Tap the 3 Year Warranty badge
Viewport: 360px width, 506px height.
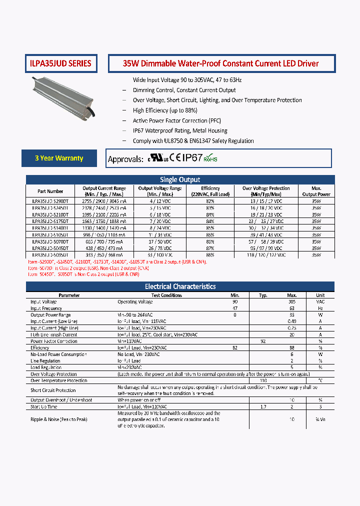click(x=59, y=158)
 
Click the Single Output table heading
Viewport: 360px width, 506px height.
click(x=180, y=179)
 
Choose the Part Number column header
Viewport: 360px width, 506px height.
click(x=50, y=191)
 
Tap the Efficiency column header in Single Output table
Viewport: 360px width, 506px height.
click(x=210, y=191)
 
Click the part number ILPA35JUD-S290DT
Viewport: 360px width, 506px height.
click(x=50, y=200)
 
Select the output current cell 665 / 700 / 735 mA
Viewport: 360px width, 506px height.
click(x=104, y=241)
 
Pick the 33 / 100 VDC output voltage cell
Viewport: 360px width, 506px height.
click(x=160, y=254)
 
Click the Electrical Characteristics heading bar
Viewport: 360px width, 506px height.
click(x=180, y=286)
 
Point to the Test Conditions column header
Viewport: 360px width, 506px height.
click(x=166, y=295)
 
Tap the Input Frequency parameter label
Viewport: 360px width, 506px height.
click(x=46, y=308)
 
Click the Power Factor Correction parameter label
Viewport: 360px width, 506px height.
click(x=54, y=341)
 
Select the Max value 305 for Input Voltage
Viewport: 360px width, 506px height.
click(x=292, y=302)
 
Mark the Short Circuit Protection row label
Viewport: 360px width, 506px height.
click(x=53, y=390)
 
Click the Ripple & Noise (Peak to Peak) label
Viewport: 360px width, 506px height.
click(x=58, y=419)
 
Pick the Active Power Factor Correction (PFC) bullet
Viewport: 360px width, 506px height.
click(x=176, y=120)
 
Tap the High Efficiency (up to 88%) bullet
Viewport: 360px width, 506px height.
click(x=165, y=110)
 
